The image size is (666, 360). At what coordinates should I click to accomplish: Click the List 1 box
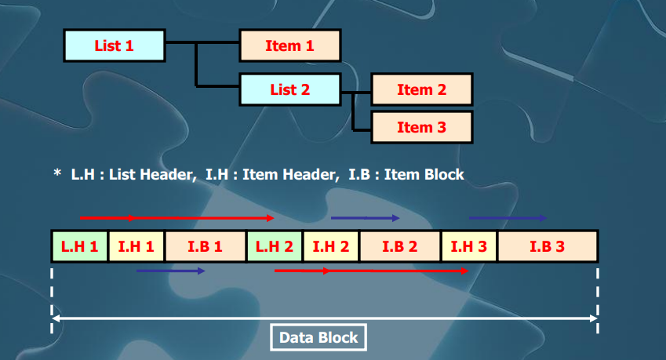click(x=114, y=45)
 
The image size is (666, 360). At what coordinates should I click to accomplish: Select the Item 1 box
click(x=289, y=45)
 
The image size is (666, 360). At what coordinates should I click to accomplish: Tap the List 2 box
click(x=289, y=89)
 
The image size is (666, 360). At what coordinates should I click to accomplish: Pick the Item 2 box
click(x=421, y=89)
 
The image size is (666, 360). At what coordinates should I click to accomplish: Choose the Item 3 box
click(x=421, y=127)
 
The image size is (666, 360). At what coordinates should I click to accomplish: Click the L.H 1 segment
click(x=79, y=246)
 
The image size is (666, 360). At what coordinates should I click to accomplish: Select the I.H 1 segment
click(x=136, y=246)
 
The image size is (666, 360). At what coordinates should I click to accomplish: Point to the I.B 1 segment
click(x=206, y=246)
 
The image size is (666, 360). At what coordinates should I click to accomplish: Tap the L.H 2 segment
click(x=275, y=246)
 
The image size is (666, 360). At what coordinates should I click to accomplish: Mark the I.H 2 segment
click(x=331, y=246)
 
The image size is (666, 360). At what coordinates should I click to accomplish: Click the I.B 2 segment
click(x=400, y=246)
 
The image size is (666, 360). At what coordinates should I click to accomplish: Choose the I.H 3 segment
click(x=469, y=246)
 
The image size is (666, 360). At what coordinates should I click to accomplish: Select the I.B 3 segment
click(x=548, y=246)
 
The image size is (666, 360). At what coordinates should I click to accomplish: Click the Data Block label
click(x=318, y=338)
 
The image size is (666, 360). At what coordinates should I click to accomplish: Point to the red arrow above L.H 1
click(x=177, y=217)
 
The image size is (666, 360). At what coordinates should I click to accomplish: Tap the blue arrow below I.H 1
click(x=170, y=271)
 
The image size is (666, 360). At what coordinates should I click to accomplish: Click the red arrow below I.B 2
click(x=371, y=271)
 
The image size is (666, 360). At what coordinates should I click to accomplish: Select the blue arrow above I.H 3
click(x=508, y=218)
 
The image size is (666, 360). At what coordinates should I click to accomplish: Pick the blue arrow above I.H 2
click(x=366, y=218)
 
